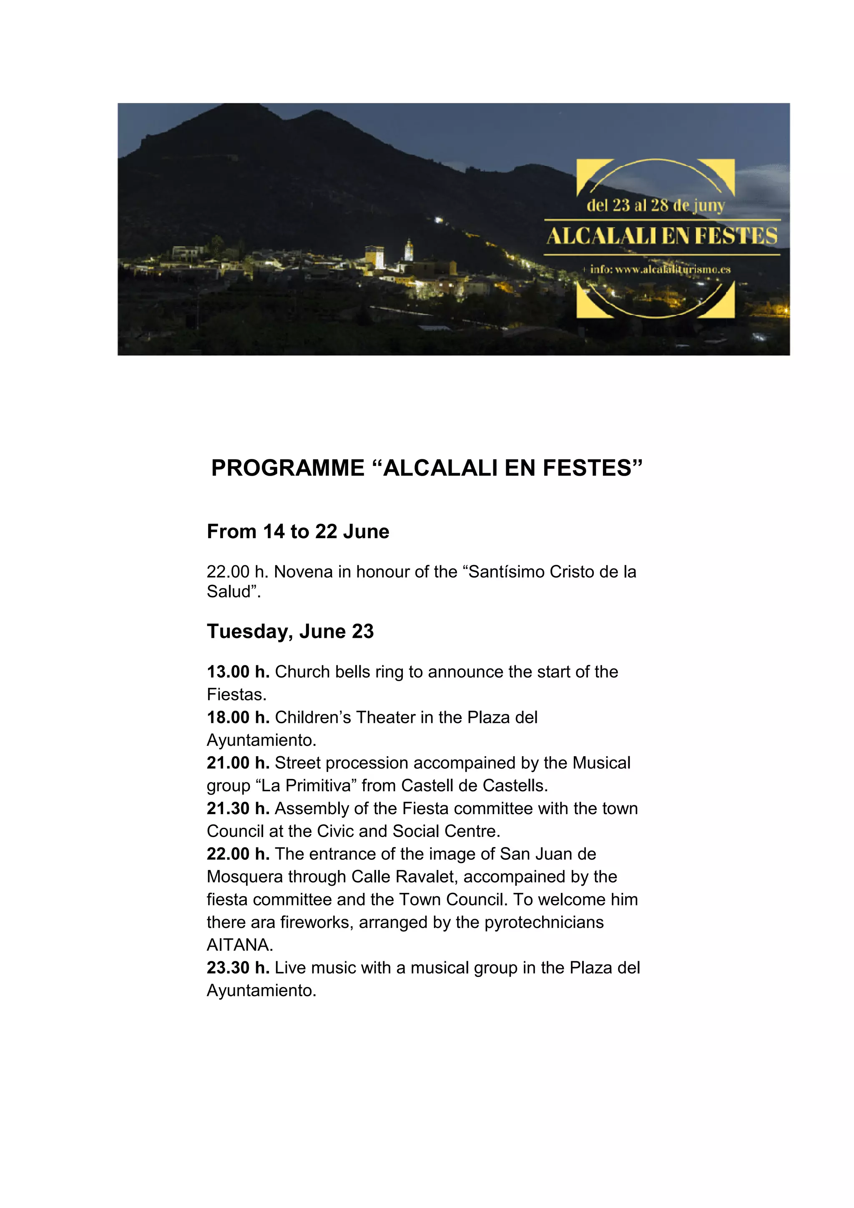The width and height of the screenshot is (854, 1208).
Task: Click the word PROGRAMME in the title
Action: [287, 468]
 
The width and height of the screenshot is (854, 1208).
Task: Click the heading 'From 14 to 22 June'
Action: [298, 531]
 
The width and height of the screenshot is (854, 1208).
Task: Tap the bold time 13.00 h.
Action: [238, 672]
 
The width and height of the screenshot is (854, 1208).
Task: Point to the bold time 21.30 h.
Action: [238, 808]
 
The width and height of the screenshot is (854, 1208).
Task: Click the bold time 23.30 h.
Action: [238, 967]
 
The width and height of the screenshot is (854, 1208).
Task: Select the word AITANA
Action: [239, 945]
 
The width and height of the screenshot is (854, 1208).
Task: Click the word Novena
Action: [304, 572]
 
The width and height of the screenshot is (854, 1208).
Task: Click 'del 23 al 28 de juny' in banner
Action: [656, 205]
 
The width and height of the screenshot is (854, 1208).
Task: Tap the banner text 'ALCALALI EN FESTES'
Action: [661, 236]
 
